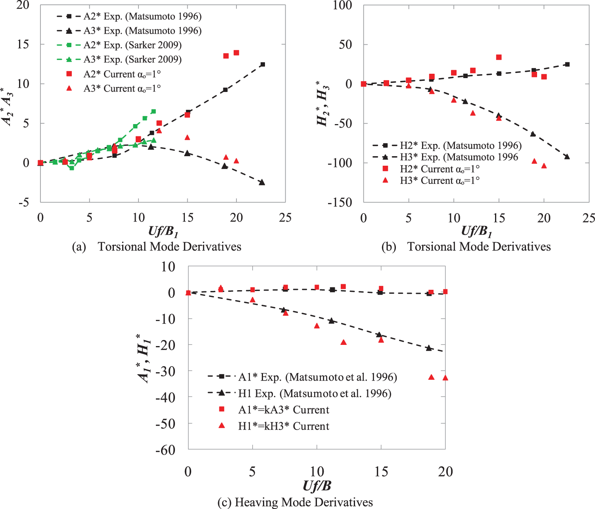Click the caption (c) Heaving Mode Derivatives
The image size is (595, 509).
pyautogui.click(x=295, y=502)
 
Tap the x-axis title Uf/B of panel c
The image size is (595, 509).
pyautogui.click(x=317, y=486)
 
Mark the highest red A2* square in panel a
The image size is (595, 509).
pyautogui.click(x=236, y=53)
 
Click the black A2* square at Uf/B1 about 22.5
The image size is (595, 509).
pyautogui.click(x=263, y=64)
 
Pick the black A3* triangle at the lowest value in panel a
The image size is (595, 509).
pyautogui.click(x=262, y=182)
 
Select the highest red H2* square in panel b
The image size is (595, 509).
pyautogui.click(x=499, y=57)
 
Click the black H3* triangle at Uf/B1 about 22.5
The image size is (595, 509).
pyautogui.click(x=567, y=157)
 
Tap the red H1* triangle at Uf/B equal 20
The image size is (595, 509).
pyautogui.click(x=445, y=378)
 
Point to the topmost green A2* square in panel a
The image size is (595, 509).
pyautogui.click(x=154, y=111)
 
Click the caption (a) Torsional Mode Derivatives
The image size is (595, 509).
pyautogui.click(x=157, y=247)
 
